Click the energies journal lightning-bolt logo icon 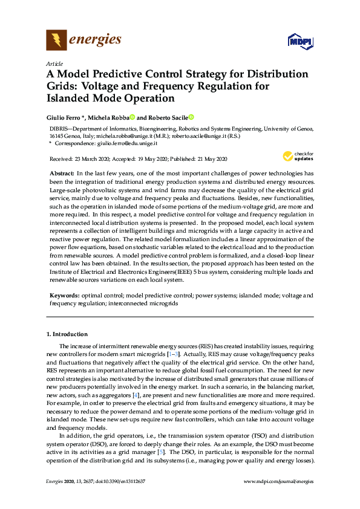coord(57,41)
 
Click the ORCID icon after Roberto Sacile coord(191,117)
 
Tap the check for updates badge coord(298,157)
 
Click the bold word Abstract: coord(62,173)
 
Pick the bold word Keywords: coord(64,296)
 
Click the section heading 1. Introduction coord(67,334)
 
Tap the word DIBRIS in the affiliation coord(60,129)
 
